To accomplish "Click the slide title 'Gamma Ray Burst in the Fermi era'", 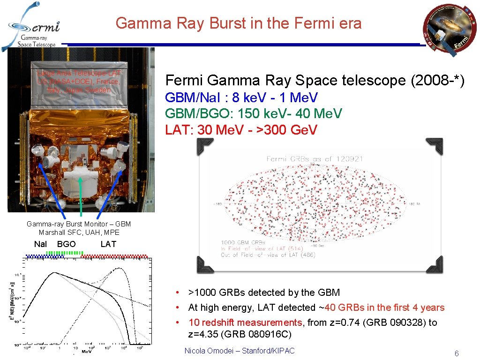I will pyautogui.click(x=239, y=23).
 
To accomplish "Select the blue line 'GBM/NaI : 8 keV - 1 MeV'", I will pyautogui.click(x=241, y=97).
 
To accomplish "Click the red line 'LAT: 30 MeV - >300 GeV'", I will pyautogui.click(x=241, y=129).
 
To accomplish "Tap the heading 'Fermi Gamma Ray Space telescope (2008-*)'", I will pyautogui.click(x=315, y=81).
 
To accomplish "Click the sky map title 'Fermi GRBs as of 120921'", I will pyautogui.click(x=315, y=159).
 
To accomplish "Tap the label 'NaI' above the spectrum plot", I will pyautogui.click(x=41, y=244).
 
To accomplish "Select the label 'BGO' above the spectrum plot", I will pyautogui.click(x=66, y=244).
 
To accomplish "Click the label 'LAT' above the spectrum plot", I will pyautogui.click(x=108, y=244).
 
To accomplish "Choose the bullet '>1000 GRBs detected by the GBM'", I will pyautogui.click(x=264, y=292).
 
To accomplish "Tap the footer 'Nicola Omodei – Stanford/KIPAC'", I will pyautogui.click(x=240, y=351).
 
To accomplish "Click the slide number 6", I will pyautogui.click(x=456, y=353).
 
